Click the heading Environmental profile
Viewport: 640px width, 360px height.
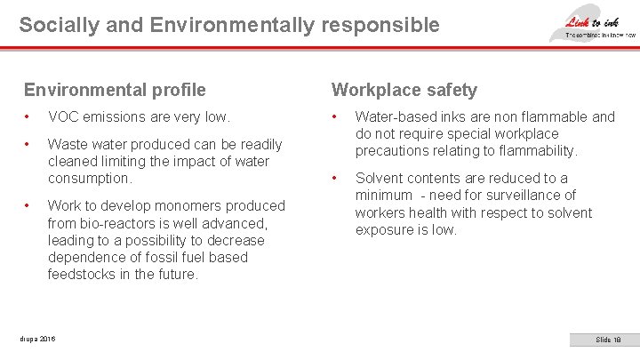point(115,90)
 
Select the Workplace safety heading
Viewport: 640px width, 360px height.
point(404,90)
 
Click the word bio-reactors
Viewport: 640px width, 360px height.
point(123,222)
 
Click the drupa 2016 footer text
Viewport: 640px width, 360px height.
point(36,339)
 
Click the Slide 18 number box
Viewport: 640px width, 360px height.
point(608,340)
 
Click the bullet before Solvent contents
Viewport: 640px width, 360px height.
point(335,179)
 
